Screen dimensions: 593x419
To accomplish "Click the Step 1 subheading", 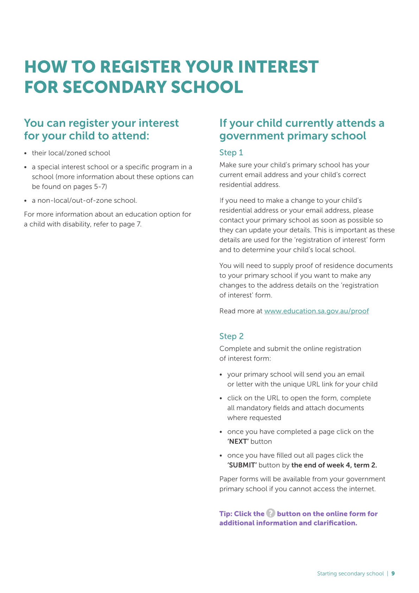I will click(x=231, y=152).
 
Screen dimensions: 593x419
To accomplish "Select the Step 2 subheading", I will click(x=231, y=336).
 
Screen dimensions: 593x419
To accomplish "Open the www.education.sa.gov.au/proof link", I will click(x=316, y=311).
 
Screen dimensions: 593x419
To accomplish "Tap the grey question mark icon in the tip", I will click(x=271, y=513).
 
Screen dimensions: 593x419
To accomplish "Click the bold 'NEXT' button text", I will click(x=238, y=442).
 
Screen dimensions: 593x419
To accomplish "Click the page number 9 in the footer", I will click(x=393, y=574).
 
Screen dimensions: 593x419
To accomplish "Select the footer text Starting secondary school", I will click(x=350, y=574).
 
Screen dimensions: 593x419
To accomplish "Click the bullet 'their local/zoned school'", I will click(x=71, y=153).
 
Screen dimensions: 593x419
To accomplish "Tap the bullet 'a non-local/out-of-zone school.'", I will click(x=84, y=201).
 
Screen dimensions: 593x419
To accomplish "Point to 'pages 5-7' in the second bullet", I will click(x=90, y=187).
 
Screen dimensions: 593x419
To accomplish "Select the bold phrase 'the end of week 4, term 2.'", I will click(x=334, y=465).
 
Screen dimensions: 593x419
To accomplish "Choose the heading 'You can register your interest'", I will click(x=101, y=123).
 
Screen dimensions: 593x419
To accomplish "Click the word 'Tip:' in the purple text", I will click(x=226, y=514).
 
